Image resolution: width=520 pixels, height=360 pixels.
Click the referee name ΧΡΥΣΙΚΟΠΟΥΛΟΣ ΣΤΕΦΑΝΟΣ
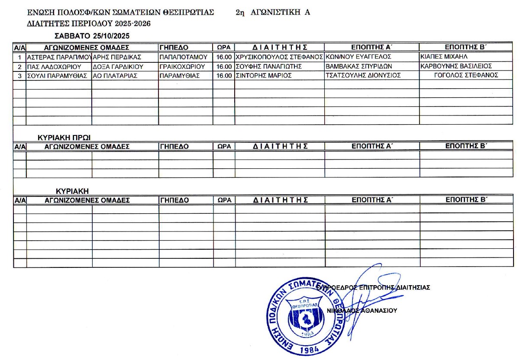pyautogui.click(x=279, y=57)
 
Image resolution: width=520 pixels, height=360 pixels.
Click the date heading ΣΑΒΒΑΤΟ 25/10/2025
pyautogui.click(x=93, y=35)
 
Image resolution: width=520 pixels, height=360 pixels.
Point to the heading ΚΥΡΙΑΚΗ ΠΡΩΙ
pyautogui.click(x=65, y=138)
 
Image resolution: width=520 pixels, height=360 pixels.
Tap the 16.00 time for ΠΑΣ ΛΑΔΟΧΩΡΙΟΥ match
pyautogui.click(x=224, y=67)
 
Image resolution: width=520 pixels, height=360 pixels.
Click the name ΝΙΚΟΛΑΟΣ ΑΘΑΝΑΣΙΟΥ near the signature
pyautogui.click(x=362, y=311)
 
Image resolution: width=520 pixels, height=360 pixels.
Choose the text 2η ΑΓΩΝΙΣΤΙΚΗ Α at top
pyautogui.click(x=273, y=13)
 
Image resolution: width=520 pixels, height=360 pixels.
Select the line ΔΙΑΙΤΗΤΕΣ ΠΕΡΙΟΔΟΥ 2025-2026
pyautogui.click(x=89, y=24)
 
